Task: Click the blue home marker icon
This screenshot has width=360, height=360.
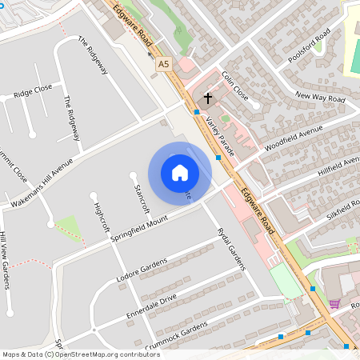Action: (180, 173)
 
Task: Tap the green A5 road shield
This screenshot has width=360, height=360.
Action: (164, 63)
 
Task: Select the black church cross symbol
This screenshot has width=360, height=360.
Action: (208, 98)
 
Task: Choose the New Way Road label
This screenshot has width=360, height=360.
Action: (319, 98)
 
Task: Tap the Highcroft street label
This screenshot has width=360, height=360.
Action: (101, 217)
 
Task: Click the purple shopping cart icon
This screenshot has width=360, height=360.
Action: (334, 304)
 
